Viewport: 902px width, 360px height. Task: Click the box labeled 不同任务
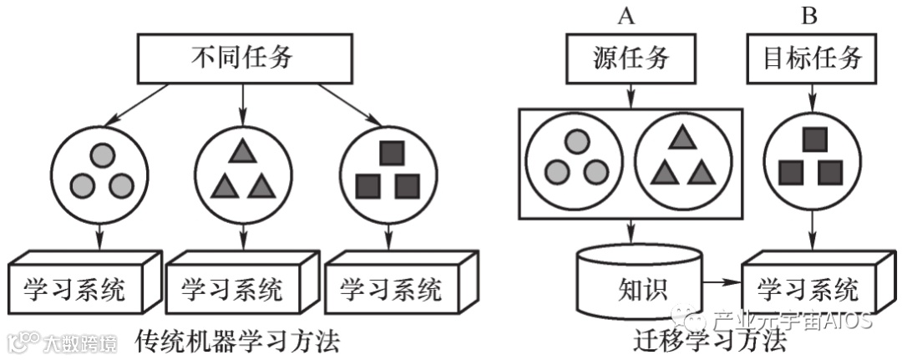pos(242,58)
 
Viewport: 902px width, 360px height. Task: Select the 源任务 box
pos(631,59)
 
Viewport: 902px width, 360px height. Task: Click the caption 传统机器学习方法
pos(238,341)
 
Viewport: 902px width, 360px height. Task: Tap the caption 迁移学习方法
pos(710,341)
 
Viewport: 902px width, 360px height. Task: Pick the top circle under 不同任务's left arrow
pos(102,155)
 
